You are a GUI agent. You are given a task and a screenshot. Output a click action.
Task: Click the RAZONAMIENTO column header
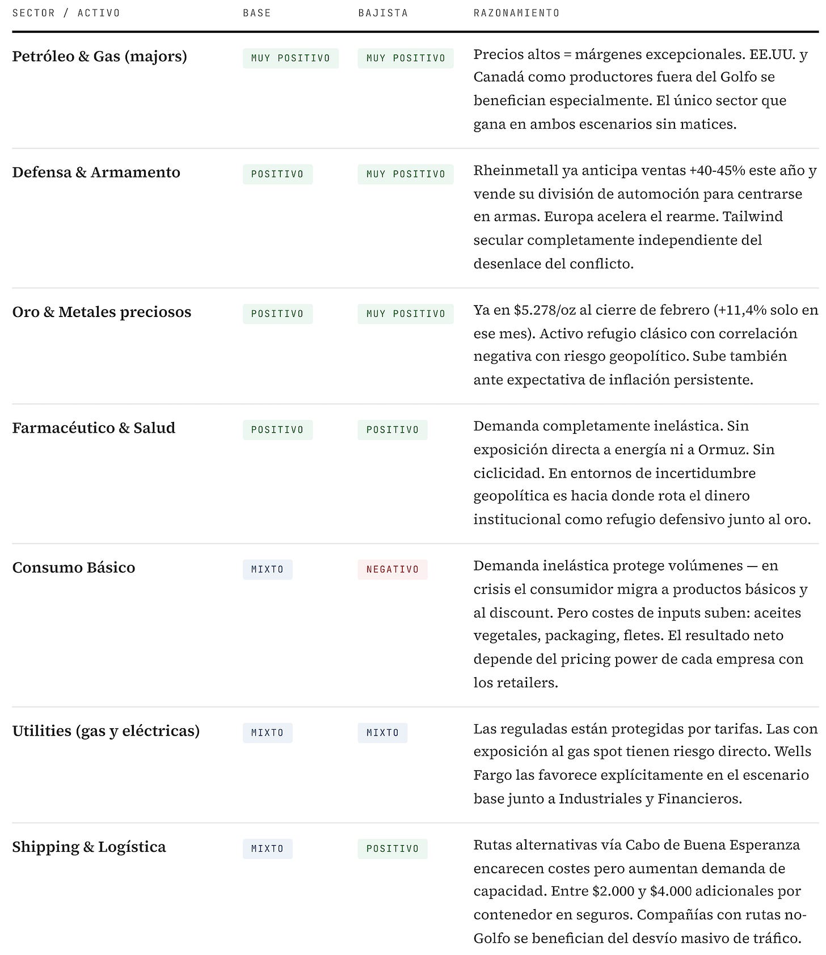pyautogui.click(x=516, y=13)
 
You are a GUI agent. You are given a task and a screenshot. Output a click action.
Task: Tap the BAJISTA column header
pyautogui.click(x=383, y=13)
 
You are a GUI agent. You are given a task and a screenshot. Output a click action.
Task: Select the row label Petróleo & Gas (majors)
pyautogui.click(x=99, y=57)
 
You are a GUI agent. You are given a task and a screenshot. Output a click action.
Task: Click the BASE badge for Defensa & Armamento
pyautogui.click(x=277, y=174)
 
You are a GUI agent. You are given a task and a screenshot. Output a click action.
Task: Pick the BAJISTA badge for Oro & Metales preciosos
pyautogui.click(x=406, y=314)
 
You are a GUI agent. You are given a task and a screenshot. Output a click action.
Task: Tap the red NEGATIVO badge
pyautogui.click(x=392, y=569)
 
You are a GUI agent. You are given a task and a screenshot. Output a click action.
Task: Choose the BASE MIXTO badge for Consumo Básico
pyautogui.click(x=267, y=569)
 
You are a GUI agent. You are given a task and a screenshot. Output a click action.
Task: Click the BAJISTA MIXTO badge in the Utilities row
pyautogui.click(x=382, y=733)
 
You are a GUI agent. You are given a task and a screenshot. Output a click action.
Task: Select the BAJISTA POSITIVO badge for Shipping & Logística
pyautogui.click(x=392, y=849)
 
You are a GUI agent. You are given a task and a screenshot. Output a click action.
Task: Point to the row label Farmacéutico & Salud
pyautogui.click(x=94, y=428)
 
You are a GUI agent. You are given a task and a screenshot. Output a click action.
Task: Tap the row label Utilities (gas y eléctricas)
pyautogui.click(x=106, y=731)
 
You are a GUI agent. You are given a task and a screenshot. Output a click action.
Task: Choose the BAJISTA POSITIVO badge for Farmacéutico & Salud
pyautogui.click(x=392, y=430)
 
